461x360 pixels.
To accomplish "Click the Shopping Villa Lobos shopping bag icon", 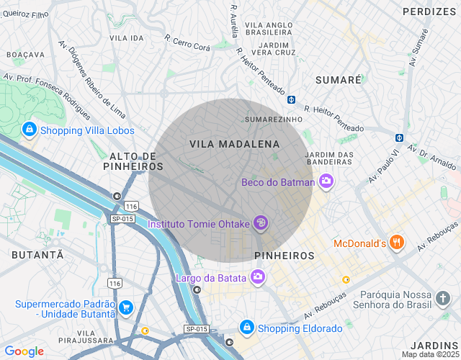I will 30,130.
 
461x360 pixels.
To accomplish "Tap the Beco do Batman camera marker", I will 326,181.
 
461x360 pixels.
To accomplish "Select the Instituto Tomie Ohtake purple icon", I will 261,223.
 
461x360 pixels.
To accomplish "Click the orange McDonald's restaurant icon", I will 396,243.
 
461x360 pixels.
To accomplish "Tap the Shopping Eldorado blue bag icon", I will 247,328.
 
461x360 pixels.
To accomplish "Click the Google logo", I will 24,351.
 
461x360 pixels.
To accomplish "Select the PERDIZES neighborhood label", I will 429,12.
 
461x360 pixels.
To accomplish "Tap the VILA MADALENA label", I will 234,144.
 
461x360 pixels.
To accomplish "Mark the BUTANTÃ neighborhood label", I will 37,255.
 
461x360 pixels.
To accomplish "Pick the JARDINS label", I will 434,345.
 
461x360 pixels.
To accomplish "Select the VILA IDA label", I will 127,37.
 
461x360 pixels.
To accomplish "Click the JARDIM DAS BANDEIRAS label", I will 329,158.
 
